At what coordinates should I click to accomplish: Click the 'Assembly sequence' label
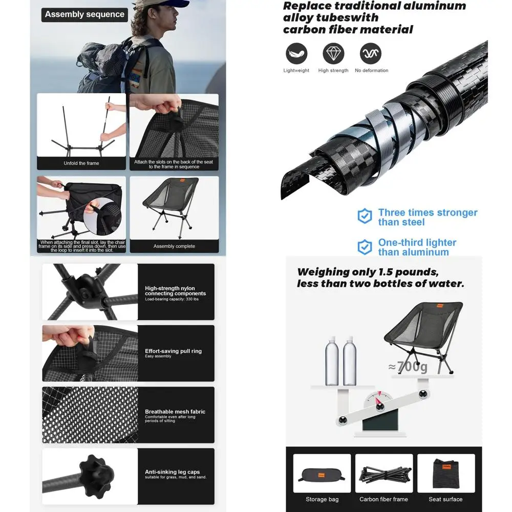pyautogui.click(x=84, y=14)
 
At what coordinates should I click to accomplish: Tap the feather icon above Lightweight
pyautogui.click(x=296, y=53)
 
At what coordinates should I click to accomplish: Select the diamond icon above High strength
pyautogui.click(x=333, y=53)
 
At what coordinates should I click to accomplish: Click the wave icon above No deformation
pyautogui.click(x=371, y=53)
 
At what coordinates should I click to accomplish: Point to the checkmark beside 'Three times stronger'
pyautogui.click(x=365, y=216)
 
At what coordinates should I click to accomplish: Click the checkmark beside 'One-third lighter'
pyautogui.click(x=365, y=247)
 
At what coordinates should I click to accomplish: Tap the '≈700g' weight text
pyautogui.click(x=408, y=367)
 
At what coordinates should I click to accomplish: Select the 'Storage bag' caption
pyautogui.click(x=322, y=499)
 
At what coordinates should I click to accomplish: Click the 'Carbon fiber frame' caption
pyautogui.click(x=383, y=499)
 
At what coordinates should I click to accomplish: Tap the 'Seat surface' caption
pyautogui.click(x=445, y=499)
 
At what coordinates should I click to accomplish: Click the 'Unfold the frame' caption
pyautogui.click(x=81, y=163)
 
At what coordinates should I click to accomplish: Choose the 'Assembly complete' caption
pyautogui.click(x=174, y=246)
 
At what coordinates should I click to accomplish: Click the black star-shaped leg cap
pyautogui.click(x=97, y=476)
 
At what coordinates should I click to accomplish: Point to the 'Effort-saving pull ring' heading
pyautogui.click(x=174, y=351)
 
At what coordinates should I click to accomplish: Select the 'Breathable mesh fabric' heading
pyautogui.click(x=175, y=412)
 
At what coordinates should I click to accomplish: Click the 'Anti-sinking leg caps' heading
pyautogui.click(x=172, y=472)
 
